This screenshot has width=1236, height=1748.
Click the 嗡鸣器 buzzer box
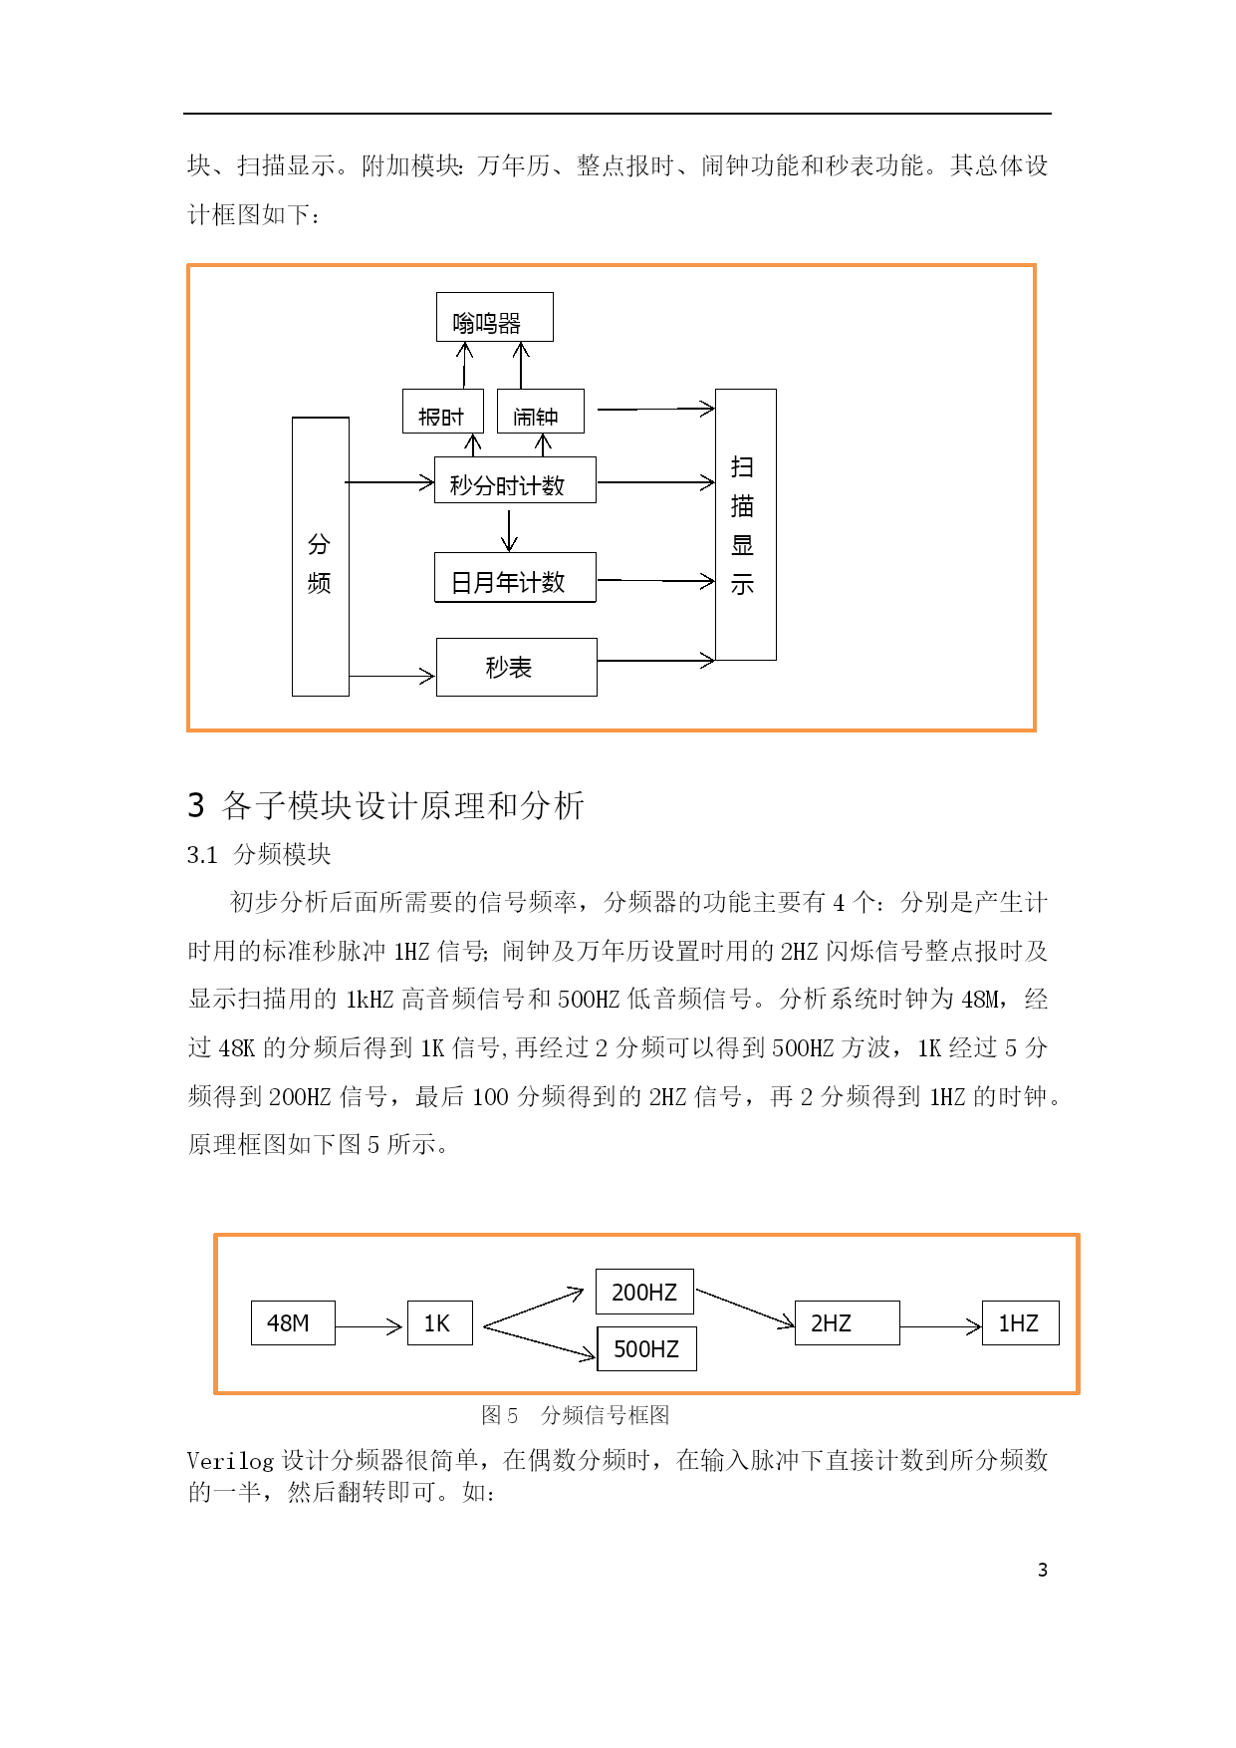[x=495, y=317]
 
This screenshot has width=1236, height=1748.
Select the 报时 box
[x=443, y=411]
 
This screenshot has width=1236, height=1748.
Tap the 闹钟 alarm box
[x=541, y=411]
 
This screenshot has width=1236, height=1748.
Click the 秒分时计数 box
[x=515, y=480]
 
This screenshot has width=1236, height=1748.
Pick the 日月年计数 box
[x=515, y=577]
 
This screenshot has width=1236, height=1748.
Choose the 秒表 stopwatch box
[x=517, y=667]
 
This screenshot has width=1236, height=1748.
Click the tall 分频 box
[x=321, y=556]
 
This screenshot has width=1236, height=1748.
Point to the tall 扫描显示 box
[x=746, y=524]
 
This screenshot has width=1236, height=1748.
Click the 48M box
[x=293, y=1322]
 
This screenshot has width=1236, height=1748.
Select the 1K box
[x=440, y=1322]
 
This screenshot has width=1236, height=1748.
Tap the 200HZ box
[x=644, y=1292]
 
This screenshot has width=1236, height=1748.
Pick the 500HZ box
[x=646, y=1348]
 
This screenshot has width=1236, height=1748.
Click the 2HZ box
[x=848, y=1322]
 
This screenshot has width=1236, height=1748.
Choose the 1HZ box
[x=1021, y=1322]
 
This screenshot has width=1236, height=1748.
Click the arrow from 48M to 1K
[x=369, y=1326]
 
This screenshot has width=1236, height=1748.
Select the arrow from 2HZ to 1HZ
[x=941, y=1326]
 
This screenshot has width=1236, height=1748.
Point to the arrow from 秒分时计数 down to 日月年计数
[x=510, y=530]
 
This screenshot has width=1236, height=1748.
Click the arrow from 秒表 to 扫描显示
[x=656, y=660]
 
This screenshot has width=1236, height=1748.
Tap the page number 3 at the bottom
[x=1043, y=1570]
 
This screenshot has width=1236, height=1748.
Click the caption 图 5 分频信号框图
[x=575, y=1415]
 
